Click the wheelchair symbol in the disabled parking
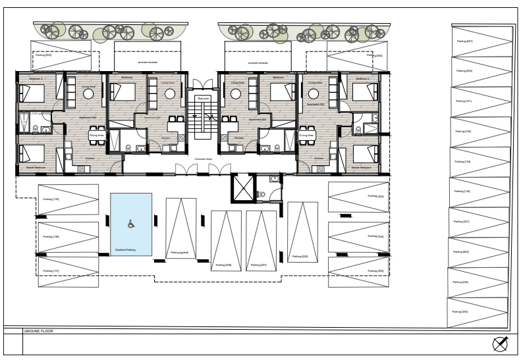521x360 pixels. coord(130,224)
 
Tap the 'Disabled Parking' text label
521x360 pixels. coord(125,250)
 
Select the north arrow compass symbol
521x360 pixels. coord(500,344)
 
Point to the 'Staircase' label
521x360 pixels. coord(203,98)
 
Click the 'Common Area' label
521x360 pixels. coord(203,159)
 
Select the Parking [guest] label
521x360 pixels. coord(179,252)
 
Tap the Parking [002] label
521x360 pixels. coord(43,55)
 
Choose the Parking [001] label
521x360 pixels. coord(464,41)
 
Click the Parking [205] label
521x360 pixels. coord(460,311)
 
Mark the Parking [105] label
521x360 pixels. coord(51,199)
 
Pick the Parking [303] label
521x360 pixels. coord(376,196)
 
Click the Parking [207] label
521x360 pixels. coord(258,265)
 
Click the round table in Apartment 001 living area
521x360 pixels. coord(170,94)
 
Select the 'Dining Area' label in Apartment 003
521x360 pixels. coord(307,135)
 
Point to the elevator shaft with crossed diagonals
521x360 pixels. coord(241,188)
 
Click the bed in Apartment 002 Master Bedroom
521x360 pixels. coord(31,154)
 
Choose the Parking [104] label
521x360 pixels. coord(462,192)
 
